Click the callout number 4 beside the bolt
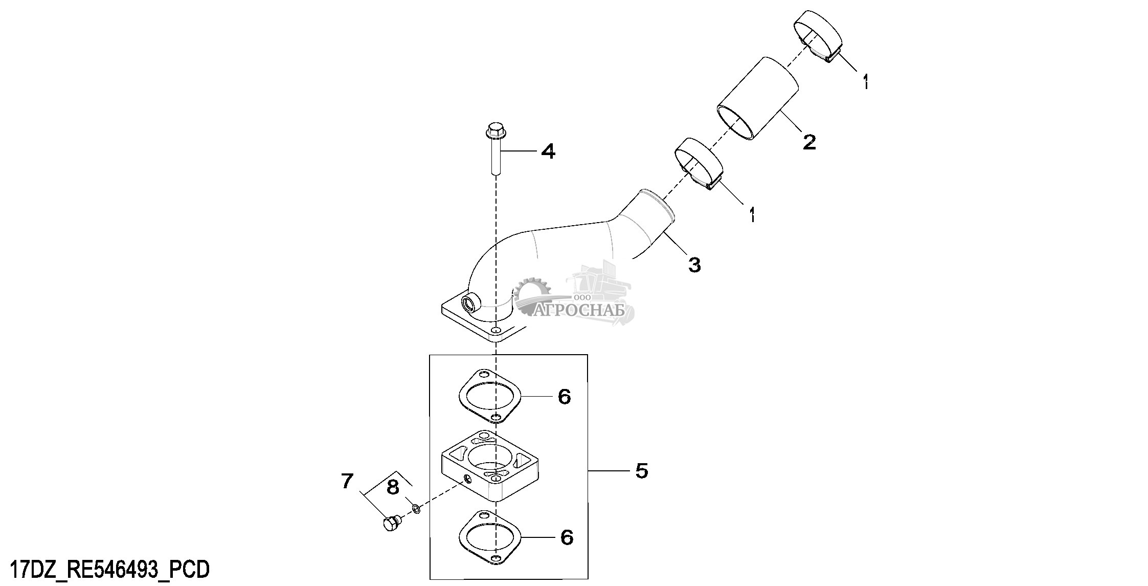548,151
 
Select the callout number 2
809,142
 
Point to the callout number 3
694,265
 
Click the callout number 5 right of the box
642,470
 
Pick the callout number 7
347,481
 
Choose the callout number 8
393,487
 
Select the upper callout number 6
564,396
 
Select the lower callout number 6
567,537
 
